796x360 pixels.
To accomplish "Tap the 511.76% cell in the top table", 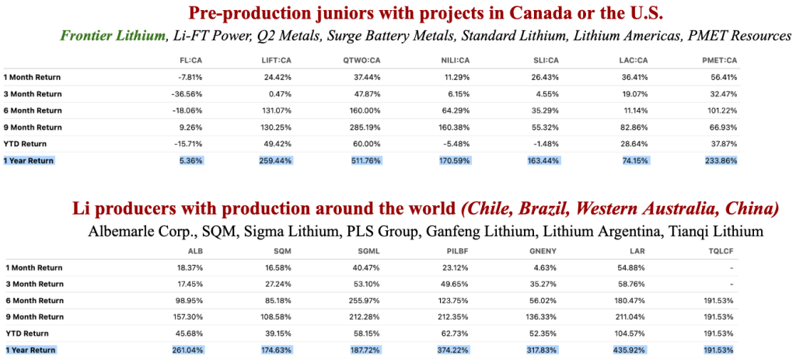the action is click(365, 161).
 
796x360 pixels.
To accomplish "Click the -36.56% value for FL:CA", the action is click(190, 94).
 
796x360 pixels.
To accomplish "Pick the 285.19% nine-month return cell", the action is click(365, 128).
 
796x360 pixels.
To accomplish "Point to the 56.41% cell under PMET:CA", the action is click(724, 78).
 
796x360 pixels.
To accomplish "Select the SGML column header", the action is click(371, 250).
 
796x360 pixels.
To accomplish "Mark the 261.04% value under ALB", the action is click(188, 351).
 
